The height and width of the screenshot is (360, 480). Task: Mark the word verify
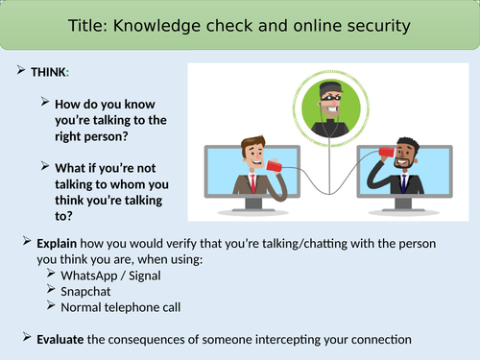pyautogui.click(x=206, y=240)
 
